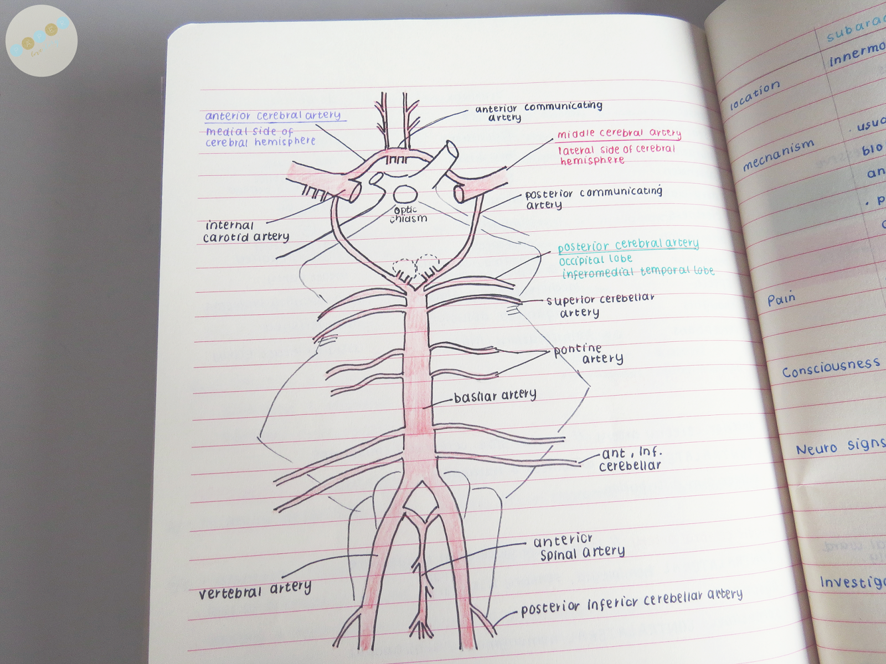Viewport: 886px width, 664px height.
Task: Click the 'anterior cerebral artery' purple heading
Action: tap(274, 116)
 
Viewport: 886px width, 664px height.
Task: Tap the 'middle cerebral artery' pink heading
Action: tap(619, 133)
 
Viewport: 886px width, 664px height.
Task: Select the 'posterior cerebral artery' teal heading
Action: tap(628, 245)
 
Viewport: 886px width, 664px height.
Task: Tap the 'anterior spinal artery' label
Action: tap(579, 547)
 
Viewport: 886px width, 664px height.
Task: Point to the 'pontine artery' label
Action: tap(588, 354)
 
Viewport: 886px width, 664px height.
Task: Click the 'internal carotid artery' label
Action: tap(245, 232)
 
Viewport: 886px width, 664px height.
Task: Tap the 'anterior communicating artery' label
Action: tap(538, 111)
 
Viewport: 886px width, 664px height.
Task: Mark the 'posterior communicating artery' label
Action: tap(593, 198)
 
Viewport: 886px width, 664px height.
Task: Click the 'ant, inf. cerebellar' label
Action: tap(631, 460)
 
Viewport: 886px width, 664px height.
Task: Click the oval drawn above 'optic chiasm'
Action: tap(405, 195)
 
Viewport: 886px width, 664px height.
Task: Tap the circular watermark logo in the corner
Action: tap(42, 40)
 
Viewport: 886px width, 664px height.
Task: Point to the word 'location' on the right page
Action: tap(755, 96)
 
